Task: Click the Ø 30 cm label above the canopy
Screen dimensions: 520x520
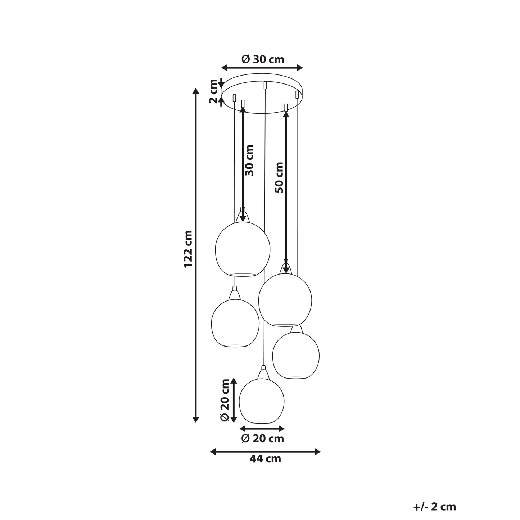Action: (263, 59)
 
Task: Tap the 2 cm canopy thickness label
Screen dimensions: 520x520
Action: (213, 91)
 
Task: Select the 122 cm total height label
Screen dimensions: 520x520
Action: (188, 249)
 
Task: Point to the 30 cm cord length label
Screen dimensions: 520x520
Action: (249, 160)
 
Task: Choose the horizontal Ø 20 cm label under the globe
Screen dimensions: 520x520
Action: (262, 439)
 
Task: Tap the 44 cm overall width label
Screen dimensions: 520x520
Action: (265, 459)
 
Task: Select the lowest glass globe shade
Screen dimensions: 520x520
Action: (262, 401)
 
